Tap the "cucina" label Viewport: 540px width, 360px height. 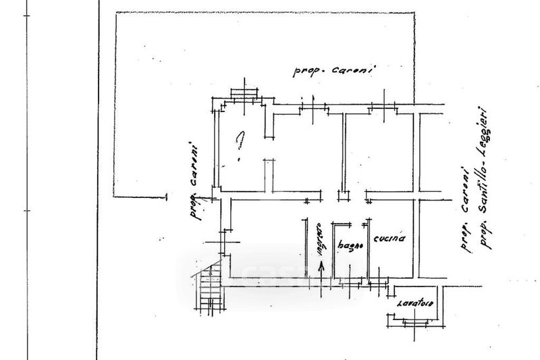coord(391,239)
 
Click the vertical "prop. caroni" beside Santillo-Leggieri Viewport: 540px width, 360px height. coord(464,209)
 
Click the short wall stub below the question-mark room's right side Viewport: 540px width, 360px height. coord(269,174)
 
